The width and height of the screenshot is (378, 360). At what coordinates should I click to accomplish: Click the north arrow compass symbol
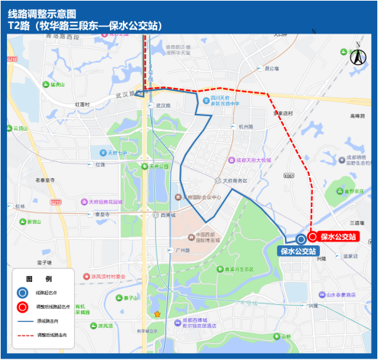356,57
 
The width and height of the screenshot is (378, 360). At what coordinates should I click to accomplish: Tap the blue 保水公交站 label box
298,250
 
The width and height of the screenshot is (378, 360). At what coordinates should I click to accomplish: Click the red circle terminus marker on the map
312,237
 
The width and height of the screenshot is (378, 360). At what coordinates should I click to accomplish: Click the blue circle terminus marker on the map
301,239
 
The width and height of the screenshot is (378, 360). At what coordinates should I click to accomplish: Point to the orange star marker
157,314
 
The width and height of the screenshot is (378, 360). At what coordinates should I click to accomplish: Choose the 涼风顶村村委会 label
108,277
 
